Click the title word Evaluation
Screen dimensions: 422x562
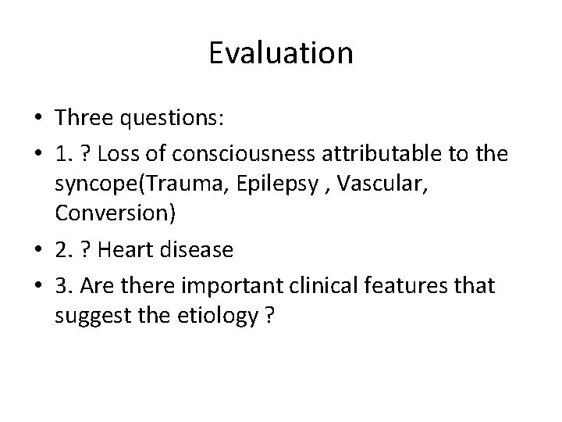click(x=281, y=53)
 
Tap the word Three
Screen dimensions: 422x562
click(x=86, y=117)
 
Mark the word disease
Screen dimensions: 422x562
click(x=205, y=249)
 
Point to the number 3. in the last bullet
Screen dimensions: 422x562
click(x=65, y=286)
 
